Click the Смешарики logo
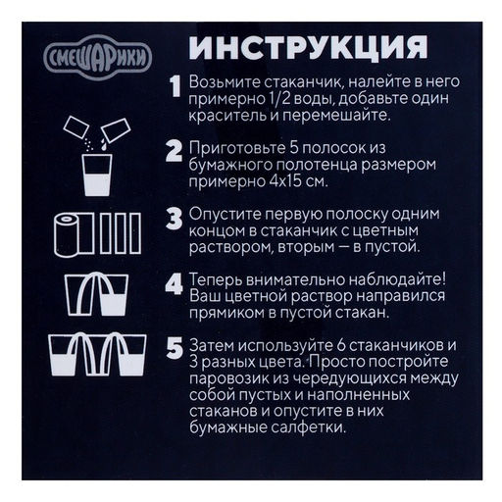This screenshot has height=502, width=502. tap(97, 58)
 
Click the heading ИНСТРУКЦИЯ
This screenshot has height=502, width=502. tap(308, 47)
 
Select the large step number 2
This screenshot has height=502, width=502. tap(174, 151)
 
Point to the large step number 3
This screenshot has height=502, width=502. tap(174, 219)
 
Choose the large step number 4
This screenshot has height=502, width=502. tap(174, 284)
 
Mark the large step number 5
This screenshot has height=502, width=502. tap(175, 348)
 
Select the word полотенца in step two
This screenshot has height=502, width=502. tap(317, 165)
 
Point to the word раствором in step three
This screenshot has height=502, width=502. tap(230, 247)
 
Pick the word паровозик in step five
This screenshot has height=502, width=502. tap(230, 379)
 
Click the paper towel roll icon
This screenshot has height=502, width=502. tap(67, 234)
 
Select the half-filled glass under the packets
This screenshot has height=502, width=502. tap(97, 175)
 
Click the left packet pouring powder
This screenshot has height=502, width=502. tap(75, 127)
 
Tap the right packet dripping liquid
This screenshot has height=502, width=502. tap(116, 130)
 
